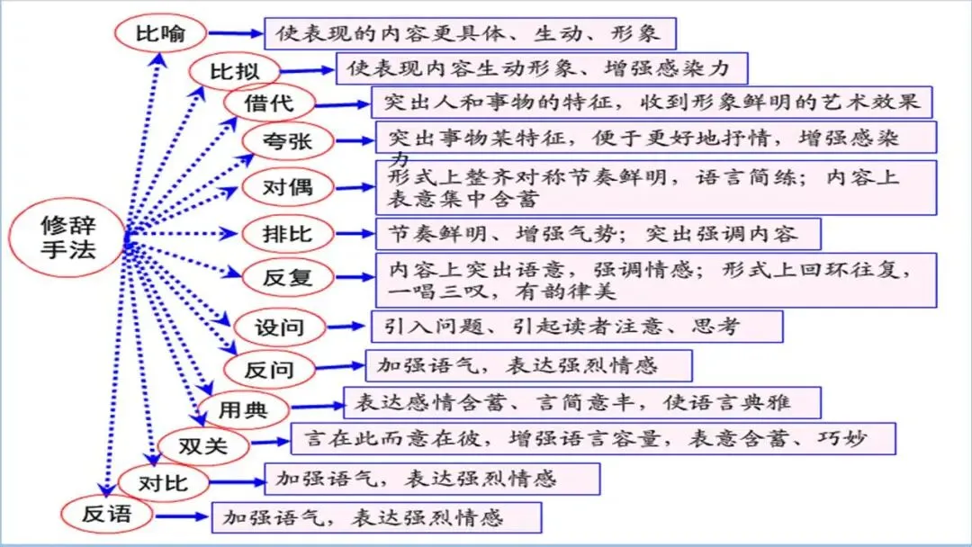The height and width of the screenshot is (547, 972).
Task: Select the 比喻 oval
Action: [161, 34]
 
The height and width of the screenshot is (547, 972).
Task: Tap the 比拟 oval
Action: [233, 70]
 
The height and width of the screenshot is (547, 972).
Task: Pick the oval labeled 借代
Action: [269, 103]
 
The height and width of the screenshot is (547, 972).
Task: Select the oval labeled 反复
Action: [287, 277]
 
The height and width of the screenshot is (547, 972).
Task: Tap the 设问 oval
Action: [280, 327]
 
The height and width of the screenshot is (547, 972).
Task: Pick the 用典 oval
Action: [244, 410]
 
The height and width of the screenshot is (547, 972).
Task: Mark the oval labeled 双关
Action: [203, 446]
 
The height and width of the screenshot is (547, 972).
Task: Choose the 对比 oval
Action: [163, 482]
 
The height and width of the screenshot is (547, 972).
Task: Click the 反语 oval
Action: [107, 515]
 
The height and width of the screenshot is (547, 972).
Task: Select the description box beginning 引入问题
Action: [576, 327]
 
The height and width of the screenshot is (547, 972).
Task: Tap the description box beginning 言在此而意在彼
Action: [593, 439]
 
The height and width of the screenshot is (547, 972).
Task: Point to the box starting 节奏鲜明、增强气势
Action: [598, 234]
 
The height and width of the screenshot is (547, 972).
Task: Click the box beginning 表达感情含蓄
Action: [581, 402]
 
